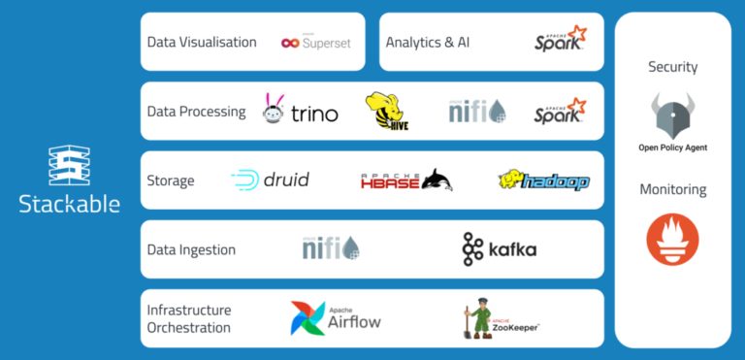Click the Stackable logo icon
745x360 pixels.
69,165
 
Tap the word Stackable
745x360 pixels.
69,204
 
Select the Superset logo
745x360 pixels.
315,42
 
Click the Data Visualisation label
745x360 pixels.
202,43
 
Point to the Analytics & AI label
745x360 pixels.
427,43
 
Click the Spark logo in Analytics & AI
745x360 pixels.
560,40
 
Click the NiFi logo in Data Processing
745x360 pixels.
476,111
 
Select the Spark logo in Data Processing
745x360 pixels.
560,111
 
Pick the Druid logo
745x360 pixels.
271,180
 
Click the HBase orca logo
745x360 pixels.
406,180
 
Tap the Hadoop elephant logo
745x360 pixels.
543,180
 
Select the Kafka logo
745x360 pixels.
499,249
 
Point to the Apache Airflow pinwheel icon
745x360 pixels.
308,318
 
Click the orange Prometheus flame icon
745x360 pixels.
672,240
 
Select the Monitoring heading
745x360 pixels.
672,189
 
